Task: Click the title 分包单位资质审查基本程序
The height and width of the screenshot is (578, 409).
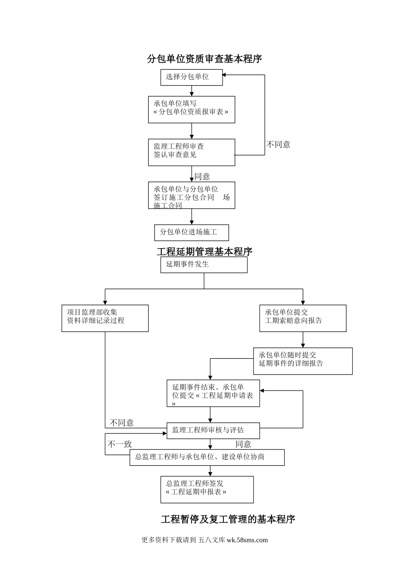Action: [x=204, y=59]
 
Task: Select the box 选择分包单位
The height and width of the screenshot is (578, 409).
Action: [x=192, y=77]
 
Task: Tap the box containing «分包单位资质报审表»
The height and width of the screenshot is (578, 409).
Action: [x=192, y=109]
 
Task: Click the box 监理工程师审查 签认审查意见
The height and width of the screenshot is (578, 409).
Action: [x=192, y=152]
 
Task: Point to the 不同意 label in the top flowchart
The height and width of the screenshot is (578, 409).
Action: [x=278, y=144]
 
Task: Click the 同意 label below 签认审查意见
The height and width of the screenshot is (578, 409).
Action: [x=202, y=176]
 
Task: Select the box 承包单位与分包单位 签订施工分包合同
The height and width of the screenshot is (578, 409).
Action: [x=192, y=195]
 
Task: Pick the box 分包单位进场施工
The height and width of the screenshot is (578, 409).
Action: [x=192, y=232]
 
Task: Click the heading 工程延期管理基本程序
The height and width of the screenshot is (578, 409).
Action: [x=204, y=252]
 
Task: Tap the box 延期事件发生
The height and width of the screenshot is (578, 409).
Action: [x=204, y=264]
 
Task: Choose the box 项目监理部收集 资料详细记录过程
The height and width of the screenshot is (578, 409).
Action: [x=105, y=318]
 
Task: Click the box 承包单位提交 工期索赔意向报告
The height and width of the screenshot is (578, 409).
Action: [x=303, y=318]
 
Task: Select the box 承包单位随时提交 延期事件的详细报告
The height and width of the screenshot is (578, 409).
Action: [x=303, y=361]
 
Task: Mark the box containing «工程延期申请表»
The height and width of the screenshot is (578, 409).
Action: [x=213, y=393]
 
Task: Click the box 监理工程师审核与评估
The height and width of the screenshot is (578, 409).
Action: [x=213, y=430]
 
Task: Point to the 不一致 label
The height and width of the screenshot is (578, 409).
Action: [x=120, y=444]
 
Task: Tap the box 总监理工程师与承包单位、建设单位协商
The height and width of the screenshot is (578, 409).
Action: [x=207, y=457]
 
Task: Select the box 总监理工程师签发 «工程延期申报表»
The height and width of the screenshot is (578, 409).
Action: [x=207, y=489]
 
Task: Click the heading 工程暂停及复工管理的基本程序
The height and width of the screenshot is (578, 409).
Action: [x=228, y=520]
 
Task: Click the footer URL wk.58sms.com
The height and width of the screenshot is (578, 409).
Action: [x=247, y=540]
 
